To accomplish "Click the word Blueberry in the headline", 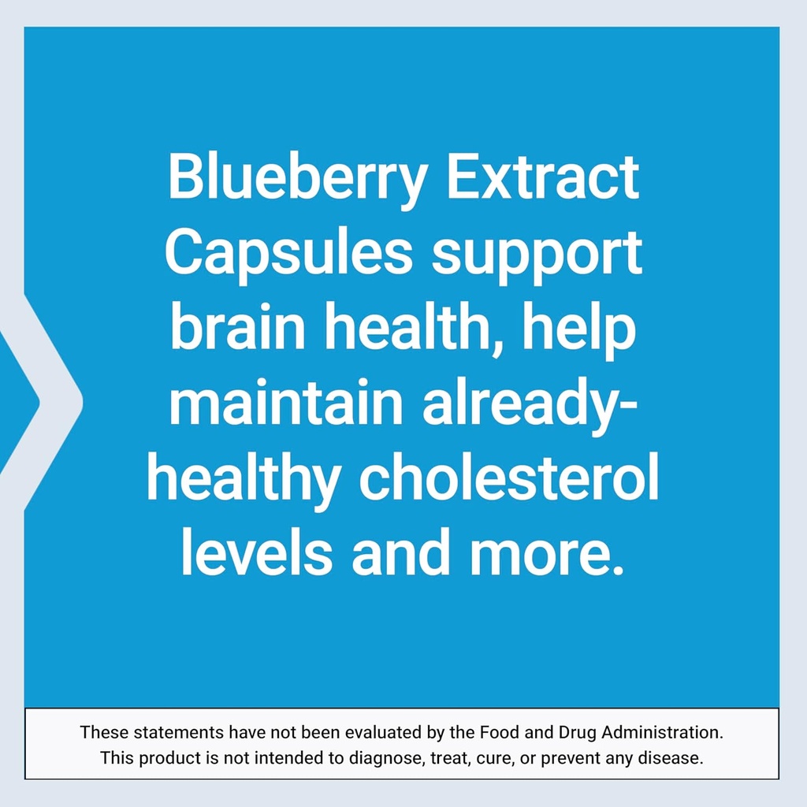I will [x=297, y=178].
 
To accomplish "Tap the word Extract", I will [x=542, y=178].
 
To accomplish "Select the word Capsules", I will [x=288, y=254].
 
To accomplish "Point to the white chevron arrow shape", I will [x=47, y=400].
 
